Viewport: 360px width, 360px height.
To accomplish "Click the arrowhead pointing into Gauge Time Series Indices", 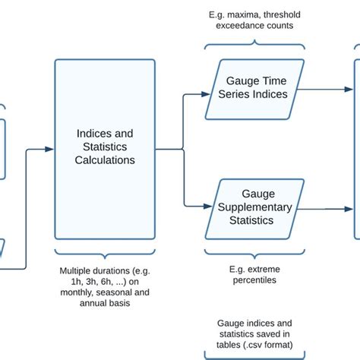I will pyautogui.click(x=207, y=94).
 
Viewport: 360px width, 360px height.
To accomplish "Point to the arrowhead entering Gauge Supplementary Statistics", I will pyautogui.click(x=207, y=206).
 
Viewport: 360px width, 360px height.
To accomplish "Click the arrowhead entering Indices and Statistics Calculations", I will pyautogui.click(x=50, y=149).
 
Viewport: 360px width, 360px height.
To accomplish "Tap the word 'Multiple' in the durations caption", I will pyautogui.click(x=77, y=270).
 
